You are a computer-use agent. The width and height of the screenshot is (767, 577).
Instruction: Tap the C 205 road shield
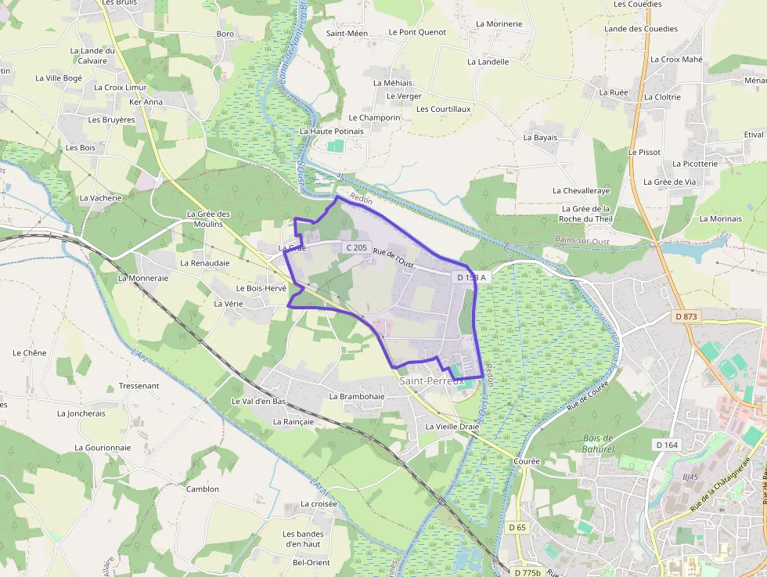point(355,247)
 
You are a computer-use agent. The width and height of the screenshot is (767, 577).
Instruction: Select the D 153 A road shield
point(471,278)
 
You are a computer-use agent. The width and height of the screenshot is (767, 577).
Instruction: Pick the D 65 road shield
point(517,528)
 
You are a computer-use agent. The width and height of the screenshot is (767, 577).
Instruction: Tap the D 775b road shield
point(528,572)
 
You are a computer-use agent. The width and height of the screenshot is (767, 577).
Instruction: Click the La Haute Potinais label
point(332,132)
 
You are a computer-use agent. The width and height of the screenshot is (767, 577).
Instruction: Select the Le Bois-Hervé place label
point(256,288)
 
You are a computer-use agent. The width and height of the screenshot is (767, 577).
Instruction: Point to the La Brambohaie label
point(357,396)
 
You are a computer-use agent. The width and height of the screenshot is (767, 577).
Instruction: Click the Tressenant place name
point(139,386)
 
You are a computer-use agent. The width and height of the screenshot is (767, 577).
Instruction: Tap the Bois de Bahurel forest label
point(599,444)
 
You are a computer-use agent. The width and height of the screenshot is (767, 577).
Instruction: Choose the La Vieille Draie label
point(452,427)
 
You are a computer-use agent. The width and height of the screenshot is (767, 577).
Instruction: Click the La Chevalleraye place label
point(581,190)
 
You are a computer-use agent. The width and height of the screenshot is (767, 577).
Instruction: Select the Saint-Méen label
point(347,33)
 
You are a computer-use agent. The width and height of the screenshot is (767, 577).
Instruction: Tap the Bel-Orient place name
point(311,562)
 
